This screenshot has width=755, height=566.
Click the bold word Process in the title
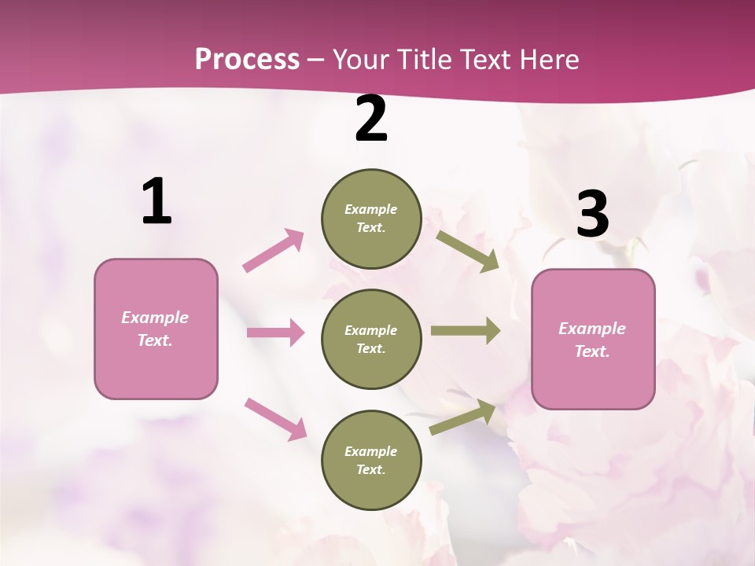247,60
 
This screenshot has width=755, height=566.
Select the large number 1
157,202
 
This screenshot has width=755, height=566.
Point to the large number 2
371,119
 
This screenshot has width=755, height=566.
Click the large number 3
592,215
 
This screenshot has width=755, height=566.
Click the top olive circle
371,219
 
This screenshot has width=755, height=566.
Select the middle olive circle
371,339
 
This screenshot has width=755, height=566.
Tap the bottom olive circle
371,460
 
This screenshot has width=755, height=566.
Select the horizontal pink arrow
275,333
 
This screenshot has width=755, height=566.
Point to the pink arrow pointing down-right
275,419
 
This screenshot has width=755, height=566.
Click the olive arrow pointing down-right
468,252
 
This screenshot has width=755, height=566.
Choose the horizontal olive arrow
466,330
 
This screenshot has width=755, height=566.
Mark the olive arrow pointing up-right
462,417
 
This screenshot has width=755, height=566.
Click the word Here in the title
551,60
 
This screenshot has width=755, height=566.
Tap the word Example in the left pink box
155,318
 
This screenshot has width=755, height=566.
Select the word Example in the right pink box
592,329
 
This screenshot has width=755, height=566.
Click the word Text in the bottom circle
370,469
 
